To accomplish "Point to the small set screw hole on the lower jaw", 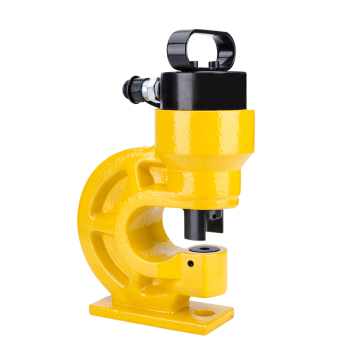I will click(188, 265).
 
